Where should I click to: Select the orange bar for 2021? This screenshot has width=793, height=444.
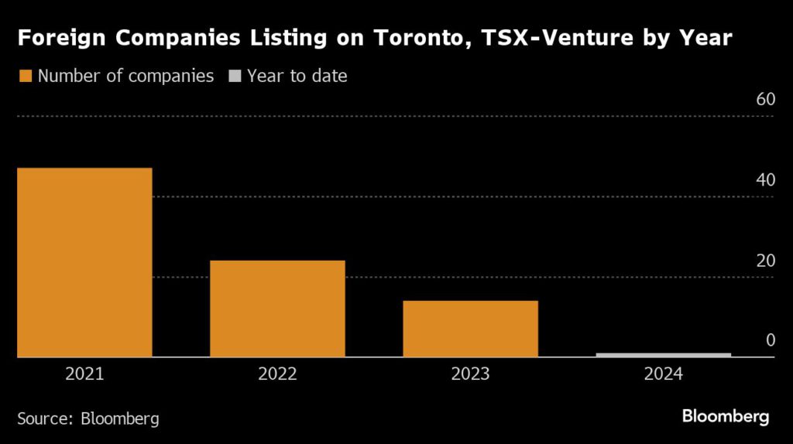[84, 262]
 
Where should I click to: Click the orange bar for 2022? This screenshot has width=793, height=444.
[277, 309]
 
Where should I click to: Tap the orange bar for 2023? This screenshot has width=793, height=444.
[470, 329]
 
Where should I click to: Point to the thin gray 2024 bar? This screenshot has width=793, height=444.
[664, 355]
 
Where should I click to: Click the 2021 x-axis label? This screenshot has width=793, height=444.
[84, 374]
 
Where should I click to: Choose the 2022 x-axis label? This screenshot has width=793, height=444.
[277, 374]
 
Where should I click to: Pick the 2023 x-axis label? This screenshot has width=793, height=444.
[470, 374]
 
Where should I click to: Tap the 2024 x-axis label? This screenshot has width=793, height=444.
[664, 374]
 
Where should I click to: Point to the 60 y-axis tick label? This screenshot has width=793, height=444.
[765, 100]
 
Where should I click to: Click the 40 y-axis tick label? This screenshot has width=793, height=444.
[765, 180]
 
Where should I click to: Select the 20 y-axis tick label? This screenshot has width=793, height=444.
[765, 261]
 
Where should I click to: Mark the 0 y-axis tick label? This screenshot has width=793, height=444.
[770, 340]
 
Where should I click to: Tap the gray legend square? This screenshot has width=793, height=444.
[235, 76]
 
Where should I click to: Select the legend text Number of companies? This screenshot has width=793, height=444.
[125, 76]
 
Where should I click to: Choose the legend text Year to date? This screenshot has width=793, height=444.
[297, 76]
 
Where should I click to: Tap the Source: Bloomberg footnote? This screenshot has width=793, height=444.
[88, 418]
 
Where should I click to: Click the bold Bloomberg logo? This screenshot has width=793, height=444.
[725, 417]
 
